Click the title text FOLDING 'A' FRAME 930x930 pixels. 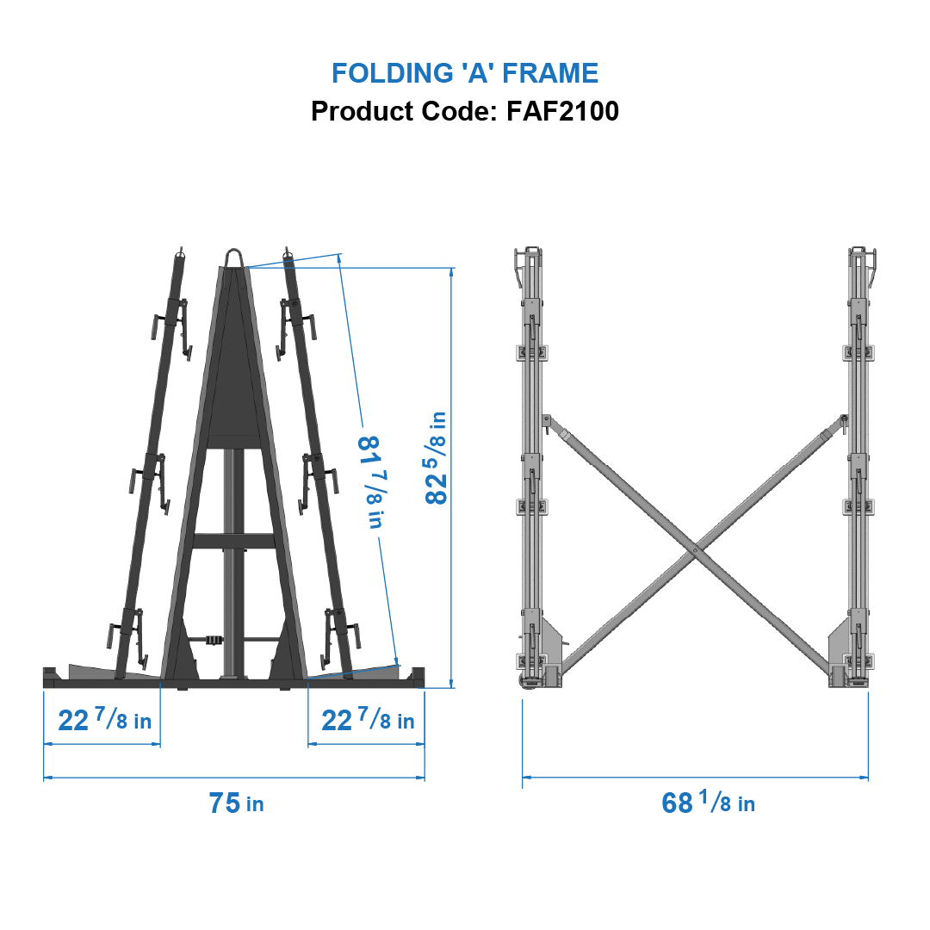pyautogui.click(x=465, y=73)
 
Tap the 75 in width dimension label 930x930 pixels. pyautogui.click(x=235, y=803)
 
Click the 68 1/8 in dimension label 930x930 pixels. pyautogui.click(x=708, y=803)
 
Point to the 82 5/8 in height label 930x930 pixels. pyautogui.click(x=437, y=457)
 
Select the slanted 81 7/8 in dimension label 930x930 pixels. pyautogui.click(x=370, y=482)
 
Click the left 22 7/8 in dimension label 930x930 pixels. pyautogui.click(x=104, y=720)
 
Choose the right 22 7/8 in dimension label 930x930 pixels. pyautogui.click(x=368, y=720)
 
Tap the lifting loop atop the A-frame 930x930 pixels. pyautogui.click(x=233, y=257)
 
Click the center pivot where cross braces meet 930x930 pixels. pyautogui.click(x=695, y=549)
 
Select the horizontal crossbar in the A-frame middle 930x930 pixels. pyautogui.click(x=233, y=541)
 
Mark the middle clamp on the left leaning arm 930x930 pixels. pyautogui.click(x=152, y=478)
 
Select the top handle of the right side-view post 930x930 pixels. pyautogui.click(x=863, y=258)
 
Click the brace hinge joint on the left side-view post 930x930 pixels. pyautogui.click(x=546, y=419)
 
